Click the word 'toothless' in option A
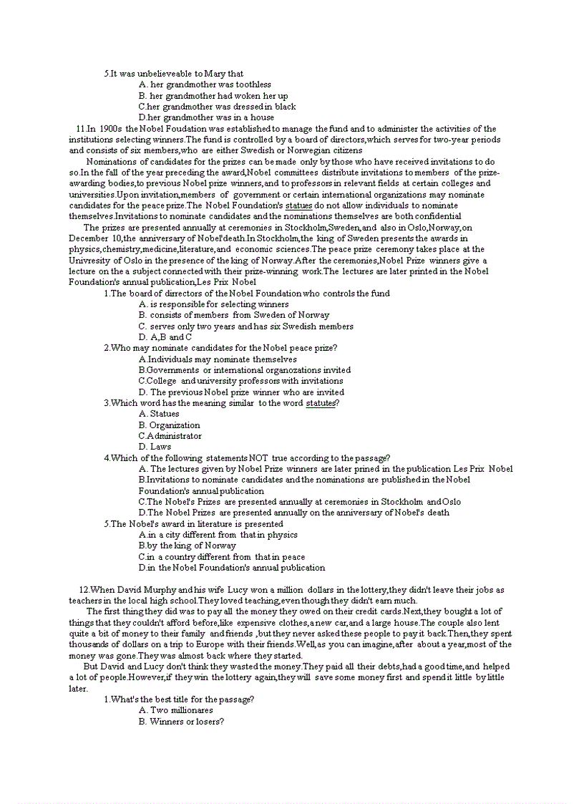click(x=253, y=84)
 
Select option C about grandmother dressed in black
click(x=217, y=107)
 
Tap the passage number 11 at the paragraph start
click(x=81, y=129)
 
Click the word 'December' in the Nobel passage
click(x=88, y=238)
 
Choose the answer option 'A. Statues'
click(x=159, y=414)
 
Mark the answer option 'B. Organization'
click(x=169, y=425)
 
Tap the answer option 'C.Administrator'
click(x=170, y=436)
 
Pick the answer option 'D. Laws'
click(x=155, y=447)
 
